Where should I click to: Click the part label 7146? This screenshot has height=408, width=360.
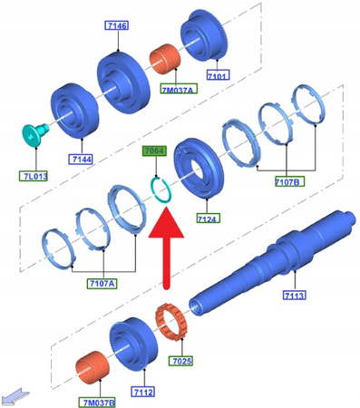click(117, 25)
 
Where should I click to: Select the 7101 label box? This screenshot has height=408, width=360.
click(218, 75)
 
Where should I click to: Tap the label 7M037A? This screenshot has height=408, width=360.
click(179, 89)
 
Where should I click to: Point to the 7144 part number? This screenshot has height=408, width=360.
click(81, 159)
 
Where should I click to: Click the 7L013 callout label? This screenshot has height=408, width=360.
click(34, 176)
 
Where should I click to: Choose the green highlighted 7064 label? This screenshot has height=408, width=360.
click(154, 151)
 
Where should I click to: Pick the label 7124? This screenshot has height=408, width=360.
click(209, 218)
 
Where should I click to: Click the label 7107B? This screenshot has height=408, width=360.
click(289, 181)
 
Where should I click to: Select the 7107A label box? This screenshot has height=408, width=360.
click(102, 284)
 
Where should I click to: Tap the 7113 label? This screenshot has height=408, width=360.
click(295, 295)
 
